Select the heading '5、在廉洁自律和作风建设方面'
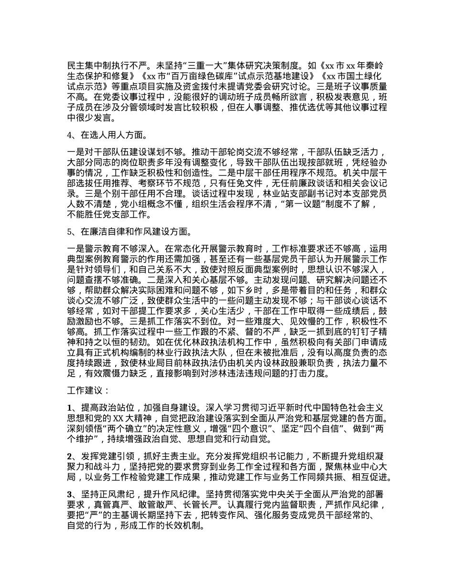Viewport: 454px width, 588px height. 130,232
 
